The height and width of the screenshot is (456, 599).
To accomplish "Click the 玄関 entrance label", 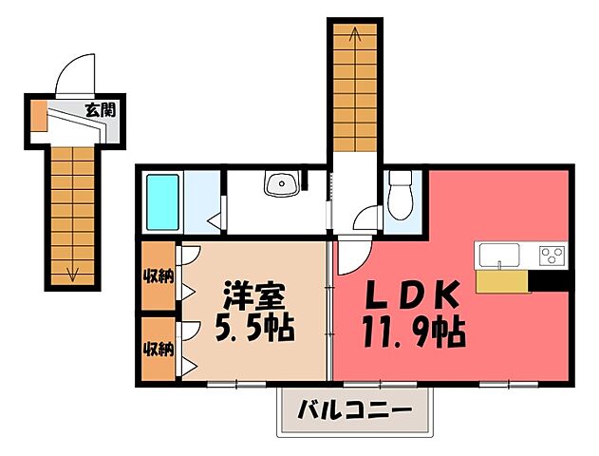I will (x=100, y=109).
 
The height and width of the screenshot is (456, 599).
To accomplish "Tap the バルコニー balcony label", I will (x=353, y=412).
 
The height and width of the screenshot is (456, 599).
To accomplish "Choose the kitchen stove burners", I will (x=552, y=255).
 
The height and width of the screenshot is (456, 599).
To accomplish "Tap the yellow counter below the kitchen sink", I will (x=501, y=281).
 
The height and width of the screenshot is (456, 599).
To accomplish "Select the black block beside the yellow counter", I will (x=548, y=281).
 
